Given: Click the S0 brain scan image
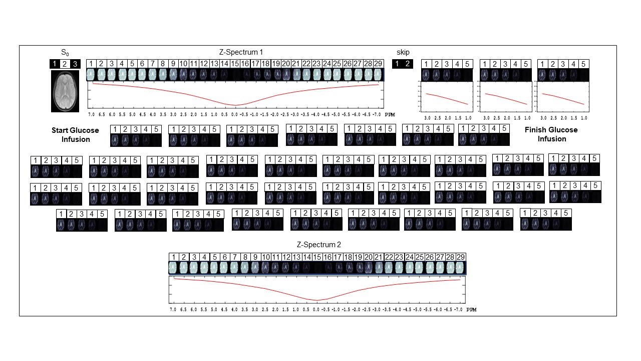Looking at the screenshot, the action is point(65,91).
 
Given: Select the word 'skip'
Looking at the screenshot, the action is point(403,52).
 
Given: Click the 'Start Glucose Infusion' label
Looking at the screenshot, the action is point(75,134).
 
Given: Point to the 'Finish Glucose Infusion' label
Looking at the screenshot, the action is point(551,134).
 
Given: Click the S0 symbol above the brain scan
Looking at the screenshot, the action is point(65,52).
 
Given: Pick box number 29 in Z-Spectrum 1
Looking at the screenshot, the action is point(379,64).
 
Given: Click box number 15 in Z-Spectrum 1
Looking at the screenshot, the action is point(235,64).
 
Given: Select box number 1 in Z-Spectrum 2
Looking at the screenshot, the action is point(173,257).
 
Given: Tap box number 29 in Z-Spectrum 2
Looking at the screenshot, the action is point(461,257).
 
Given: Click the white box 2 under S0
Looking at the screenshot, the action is point(65,64).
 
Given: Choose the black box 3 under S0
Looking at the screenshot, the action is point(75,64).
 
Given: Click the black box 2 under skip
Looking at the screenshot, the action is point(408,64).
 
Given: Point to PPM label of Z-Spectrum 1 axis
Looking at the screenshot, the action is point(390,115).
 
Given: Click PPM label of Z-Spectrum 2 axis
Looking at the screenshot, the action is point(471,310).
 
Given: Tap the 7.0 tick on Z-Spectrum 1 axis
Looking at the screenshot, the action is point(92,114).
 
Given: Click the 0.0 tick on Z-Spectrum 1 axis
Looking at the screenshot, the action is point(234,114).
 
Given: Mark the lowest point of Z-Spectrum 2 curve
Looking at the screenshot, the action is point(316,300).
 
